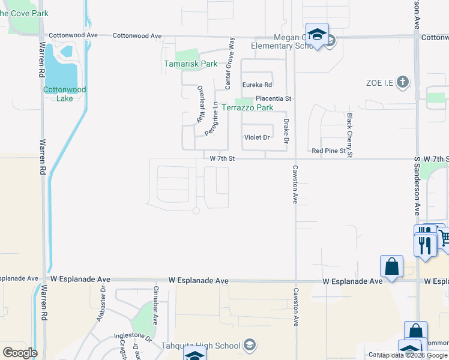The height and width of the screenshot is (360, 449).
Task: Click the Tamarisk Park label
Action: (x=191, y=64)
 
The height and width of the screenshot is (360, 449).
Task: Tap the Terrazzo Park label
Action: (x=247, y=108)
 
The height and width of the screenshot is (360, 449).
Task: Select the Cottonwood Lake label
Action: (x=65, y=94)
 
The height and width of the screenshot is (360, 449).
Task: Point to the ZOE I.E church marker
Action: (x=403, y=82)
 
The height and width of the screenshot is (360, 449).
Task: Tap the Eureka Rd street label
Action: (x=257, y=85)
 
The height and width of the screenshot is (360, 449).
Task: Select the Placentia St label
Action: (x=273, y=98)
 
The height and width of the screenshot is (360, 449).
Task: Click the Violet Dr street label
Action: (x=257, y=137)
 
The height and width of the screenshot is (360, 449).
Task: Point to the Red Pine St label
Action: (x=327, y=151)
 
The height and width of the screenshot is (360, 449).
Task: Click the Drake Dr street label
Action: (x=286, y=132)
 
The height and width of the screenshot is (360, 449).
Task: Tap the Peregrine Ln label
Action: (x=211, y=118)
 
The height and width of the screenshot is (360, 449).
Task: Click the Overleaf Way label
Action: (x=201, y=104)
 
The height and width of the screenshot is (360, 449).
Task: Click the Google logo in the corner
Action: (x=20, y=353)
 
